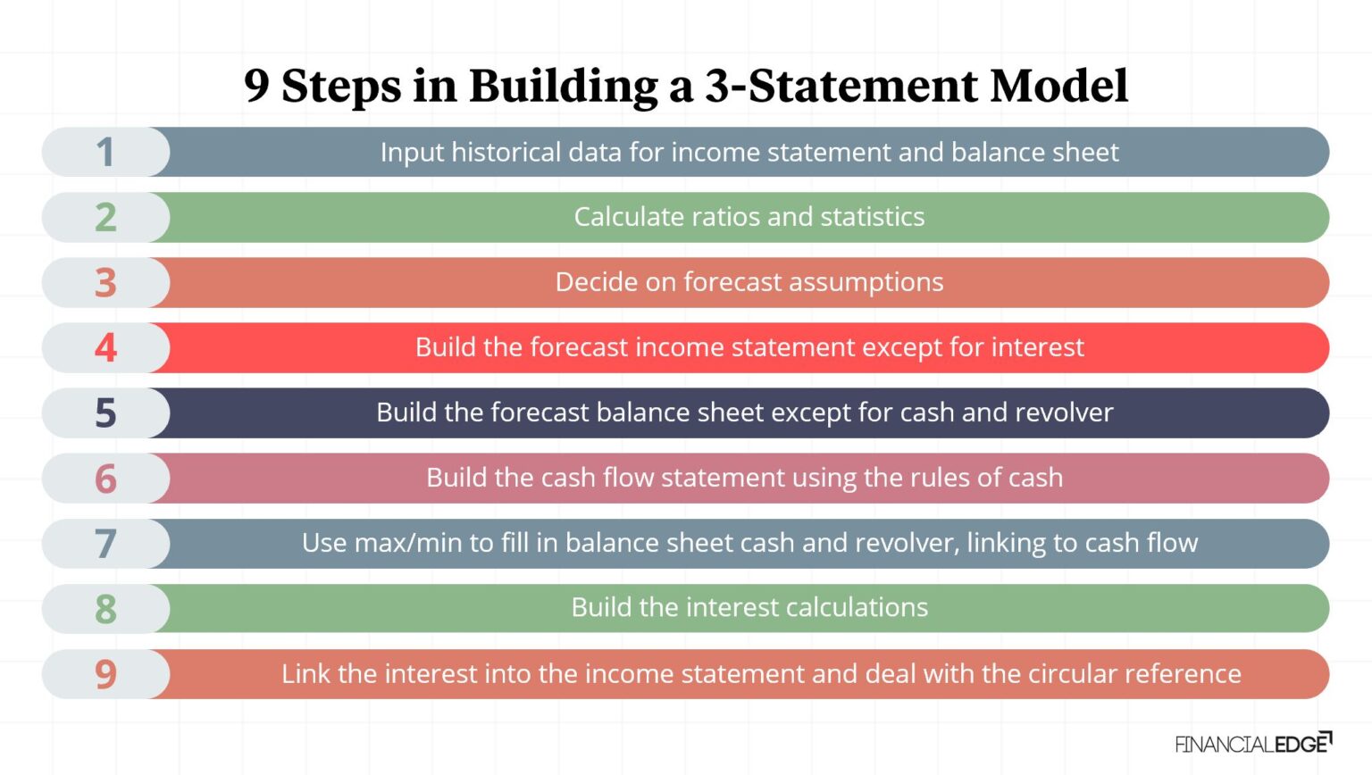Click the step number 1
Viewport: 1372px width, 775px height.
click(x=105, y=153)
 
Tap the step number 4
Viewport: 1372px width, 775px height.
click(x=105, y=348)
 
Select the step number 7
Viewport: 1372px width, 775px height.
click(x=105, y=544)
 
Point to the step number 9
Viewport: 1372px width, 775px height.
click(x=105, y=674)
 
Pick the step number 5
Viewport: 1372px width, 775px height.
click(x=105, y=413)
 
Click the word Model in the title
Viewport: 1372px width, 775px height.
click(x=1059, y=87)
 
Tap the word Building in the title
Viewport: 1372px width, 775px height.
click(x=565, y=87)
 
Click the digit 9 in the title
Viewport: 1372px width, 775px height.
click(x=256, y=87)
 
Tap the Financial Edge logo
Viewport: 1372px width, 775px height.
click(x=1253, y=743)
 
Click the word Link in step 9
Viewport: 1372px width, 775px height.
click(x=305, y=674)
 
